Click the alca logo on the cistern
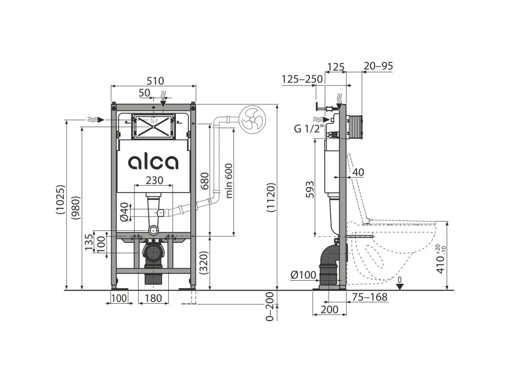(x=153, y=162)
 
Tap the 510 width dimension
(x=155, y=80)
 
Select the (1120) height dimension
(x=271, y=197)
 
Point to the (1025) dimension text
(x=61, y=199)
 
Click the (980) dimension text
(x=76, y=207)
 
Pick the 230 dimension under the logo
(x=154, y=180)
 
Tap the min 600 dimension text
(x=229, y=181)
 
